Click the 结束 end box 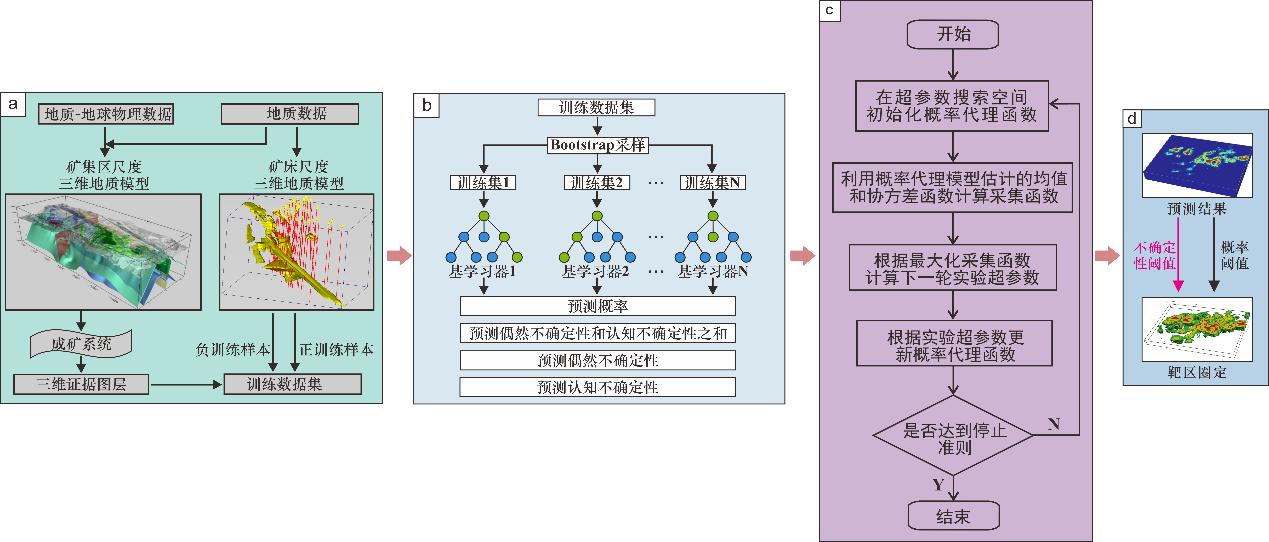[953, 515]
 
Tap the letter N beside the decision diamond [1053, 423]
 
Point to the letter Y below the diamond [937, 485]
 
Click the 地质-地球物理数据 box [106, 115]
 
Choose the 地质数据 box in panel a [289, 115]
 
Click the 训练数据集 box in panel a [290, 383]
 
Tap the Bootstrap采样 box [597, 145]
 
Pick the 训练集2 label [597, 182]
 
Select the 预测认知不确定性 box [597, 387]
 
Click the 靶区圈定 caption [1195, 372]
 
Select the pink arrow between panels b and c [802, 256]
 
